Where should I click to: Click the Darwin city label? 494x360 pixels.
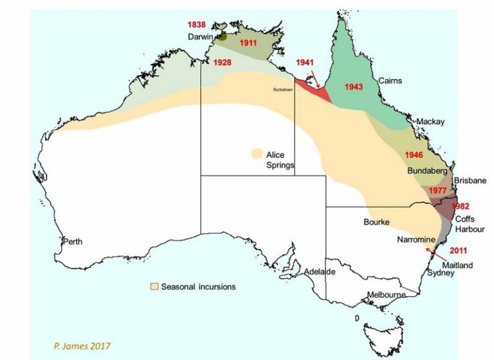(201, 37)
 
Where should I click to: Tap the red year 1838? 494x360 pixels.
(197, 24)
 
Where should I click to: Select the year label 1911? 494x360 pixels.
(248, 43)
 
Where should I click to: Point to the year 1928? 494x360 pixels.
(223, 63)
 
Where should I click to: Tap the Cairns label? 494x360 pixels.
(390, 81)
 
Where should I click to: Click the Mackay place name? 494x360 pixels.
(430, 122)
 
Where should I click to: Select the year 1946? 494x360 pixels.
(414, 156)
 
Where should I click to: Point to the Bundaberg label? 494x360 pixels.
(428, 172)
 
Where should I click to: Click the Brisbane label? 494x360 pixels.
(470, 181)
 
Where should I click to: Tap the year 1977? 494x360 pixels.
(438, 190)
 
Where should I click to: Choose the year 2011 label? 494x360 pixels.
(458, 251)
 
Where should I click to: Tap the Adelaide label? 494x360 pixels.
(320, 271)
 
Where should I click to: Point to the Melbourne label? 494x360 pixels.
(385, 295)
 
